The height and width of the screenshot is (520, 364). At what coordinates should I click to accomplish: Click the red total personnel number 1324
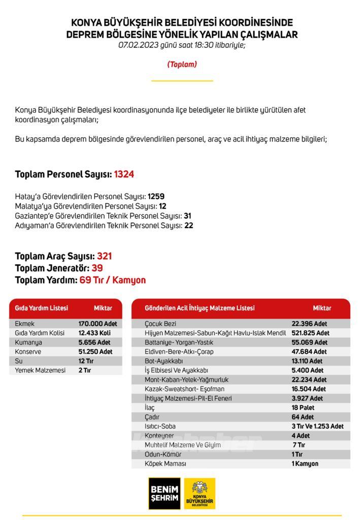coord(124,175)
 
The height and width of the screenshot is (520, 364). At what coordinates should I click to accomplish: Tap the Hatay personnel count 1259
coord(156,197)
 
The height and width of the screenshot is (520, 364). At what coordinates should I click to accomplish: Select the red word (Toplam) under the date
coord(182,64)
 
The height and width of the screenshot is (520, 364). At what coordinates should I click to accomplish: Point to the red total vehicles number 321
coord(104,256)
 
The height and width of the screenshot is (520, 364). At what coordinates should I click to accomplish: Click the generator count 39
coord(97,268)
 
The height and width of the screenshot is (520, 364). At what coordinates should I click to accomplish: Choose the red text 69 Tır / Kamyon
coord(113,280)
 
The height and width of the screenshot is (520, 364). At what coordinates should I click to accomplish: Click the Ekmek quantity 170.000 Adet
coord(97,324)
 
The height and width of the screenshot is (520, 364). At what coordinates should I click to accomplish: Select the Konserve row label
coord(28,352)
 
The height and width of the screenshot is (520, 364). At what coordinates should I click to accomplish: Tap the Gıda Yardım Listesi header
coord(42,308)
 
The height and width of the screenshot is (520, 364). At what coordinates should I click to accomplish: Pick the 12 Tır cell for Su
coord(86,361)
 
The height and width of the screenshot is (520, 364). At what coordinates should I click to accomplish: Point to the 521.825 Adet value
coord(310,333)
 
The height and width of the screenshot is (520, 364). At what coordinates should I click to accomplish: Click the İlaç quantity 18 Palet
coord(303,408)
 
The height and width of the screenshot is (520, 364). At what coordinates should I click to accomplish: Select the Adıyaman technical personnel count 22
coord(188,225)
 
